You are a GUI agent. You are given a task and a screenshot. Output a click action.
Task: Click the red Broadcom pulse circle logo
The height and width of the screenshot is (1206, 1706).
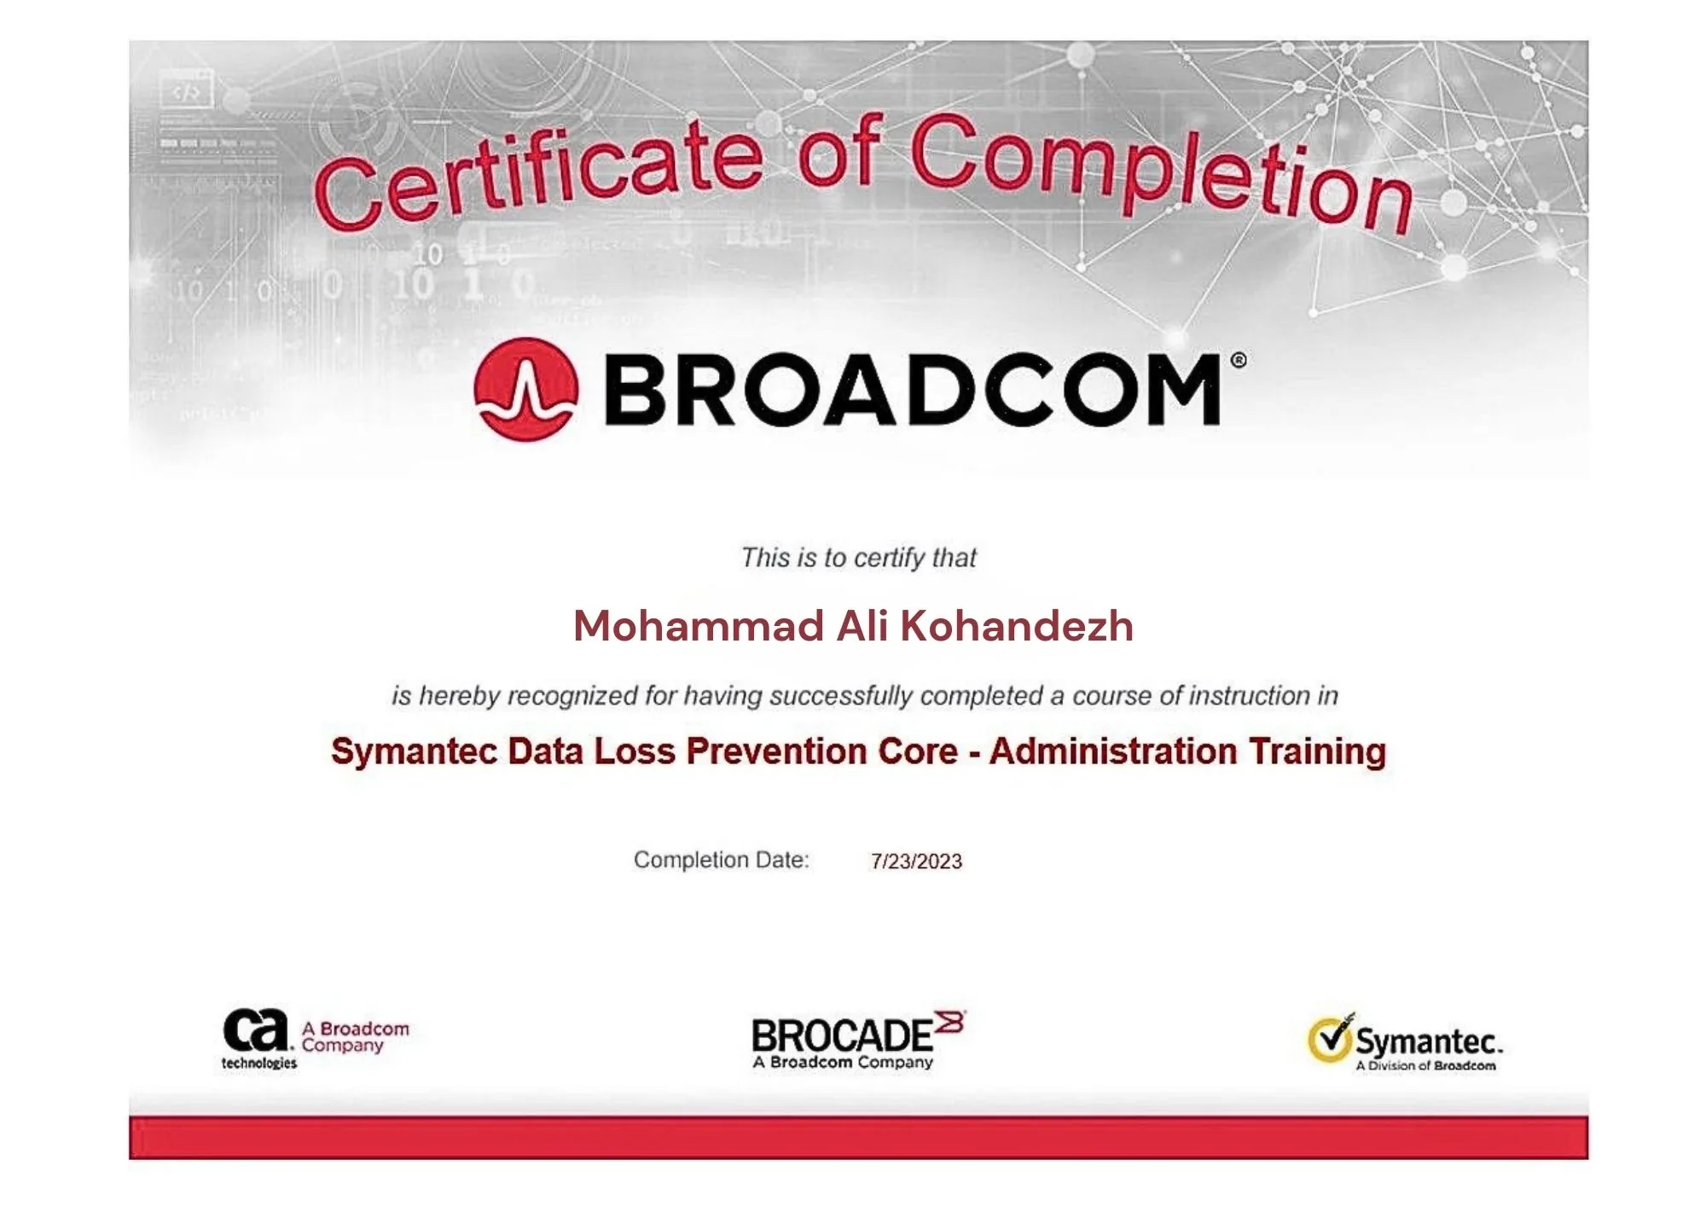point(525,389)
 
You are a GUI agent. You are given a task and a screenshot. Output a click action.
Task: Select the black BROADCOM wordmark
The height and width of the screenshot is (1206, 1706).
point(913,390)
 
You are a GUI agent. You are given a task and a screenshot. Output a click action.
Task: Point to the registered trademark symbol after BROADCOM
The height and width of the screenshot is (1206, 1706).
point(1239,361)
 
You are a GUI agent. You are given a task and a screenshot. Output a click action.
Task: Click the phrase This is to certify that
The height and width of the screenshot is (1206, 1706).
point(858,558)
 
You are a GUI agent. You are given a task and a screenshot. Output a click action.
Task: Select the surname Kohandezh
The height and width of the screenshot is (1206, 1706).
point(1017,626)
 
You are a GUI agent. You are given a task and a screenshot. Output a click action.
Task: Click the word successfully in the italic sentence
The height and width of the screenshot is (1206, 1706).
point(841,696)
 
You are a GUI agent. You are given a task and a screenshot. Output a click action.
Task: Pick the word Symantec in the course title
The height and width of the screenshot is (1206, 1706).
point(414,752)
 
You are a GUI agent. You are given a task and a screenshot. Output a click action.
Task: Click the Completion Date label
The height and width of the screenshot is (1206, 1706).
point(721,860)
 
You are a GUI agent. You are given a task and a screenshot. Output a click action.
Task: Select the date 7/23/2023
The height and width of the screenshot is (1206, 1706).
point(916,861)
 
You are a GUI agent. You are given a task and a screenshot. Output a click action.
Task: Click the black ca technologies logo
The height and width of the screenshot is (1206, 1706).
point(258,1039)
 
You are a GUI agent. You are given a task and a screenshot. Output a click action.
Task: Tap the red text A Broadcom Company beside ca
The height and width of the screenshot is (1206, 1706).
point(355,1037)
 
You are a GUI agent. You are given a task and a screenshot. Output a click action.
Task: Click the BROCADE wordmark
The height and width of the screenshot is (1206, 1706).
point(841,1035)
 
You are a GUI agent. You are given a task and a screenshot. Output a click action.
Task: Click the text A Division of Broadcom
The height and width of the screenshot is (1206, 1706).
point(1425,1065)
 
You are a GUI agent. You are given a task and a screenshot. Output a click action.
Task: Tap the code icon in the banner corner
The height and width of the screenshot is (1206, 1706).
point(186,90)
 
